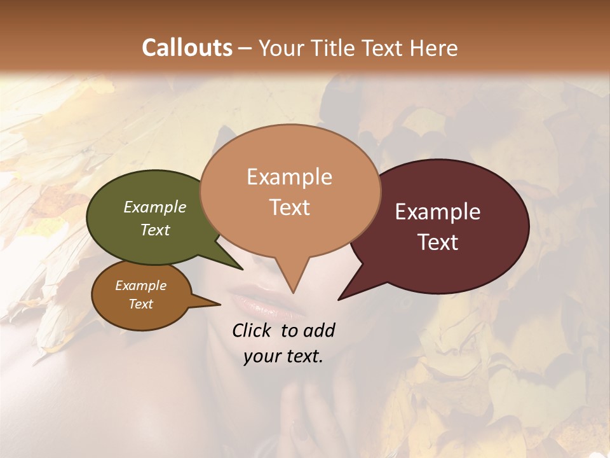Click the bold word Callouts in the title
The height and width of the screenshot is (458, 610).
[x=187, y=48]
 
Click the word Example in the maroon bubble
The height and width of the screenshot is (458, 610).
[x=438, y=212]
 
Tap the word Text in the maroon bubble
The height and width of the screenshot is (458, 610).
[x=438, y=242]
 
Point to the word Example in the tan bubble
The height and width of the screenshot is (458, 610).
[x=290, y=177]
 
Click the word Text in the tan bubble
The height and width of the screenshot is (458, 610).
[x=290, y=207]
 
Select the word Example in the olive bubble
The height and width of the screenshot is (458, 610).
[x=155, y=207]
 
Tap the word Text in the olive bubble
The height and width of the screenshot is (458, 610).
[x=155, y=230]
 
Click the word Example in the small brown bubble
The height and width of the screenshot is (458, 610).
[x=140, y=286]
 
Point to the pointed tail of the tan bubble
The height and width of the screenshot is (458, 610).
[x=292, y=286]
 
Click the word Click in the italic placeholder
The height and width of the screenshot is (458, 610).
[x=254, y=331]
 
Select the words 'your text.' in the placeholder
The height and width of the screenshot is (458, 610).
[x=283, y=357]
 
